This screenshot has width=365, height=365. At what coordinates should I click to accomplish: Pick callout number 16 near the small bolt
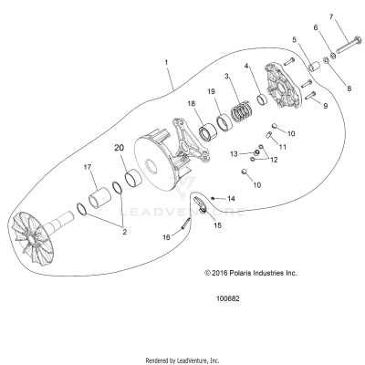click(167, 235)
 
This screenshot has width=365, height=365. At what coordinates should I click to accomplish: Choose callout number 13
click(234, 152)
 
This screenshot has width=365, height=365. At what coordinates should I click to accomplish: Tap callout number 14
click(231, 198)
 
